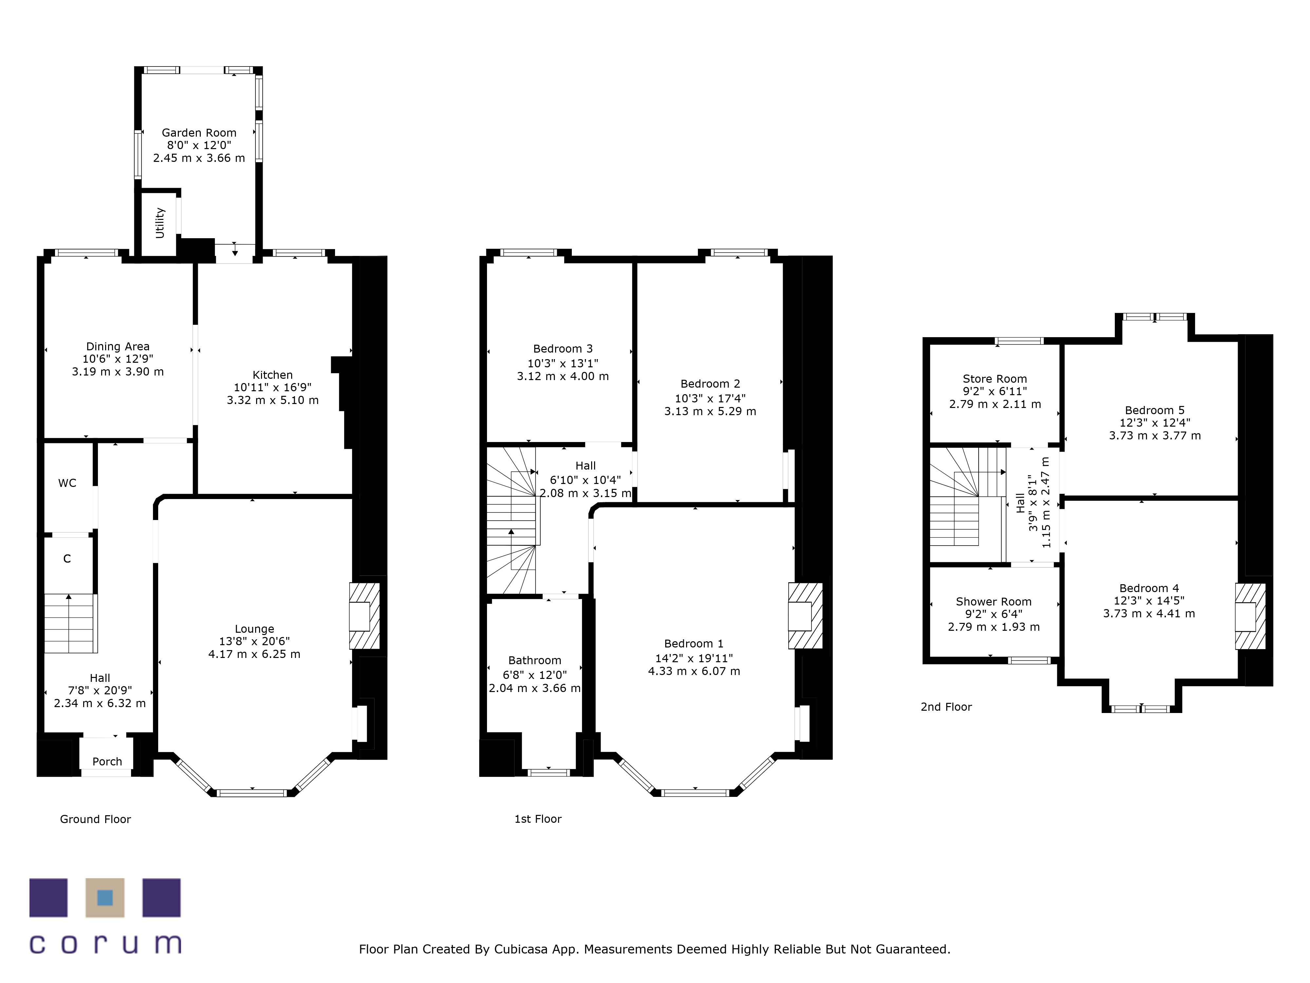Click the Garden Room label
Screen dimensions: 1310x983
click(199, 133)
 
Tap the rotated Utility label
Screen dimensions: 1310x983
click(159, 223)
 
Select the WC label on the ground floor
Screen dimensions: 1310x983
click(67, 483)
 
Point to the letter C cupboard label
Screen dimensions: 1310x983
click(67, 559)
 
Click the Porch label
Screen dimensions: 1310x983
click(107, 761)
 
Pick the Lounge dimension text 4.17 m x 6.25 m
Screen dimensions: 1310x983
click(254, 654)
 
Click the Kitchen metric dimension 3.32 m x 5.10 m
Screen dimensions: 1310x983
click(272, 400)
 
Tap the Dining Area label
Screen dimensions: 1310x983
click(118, 347)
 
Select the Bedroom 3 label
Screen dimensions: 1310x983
click(563, 348)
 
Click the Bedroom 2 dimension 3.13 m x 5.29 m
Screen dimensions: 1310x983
click(710, 411)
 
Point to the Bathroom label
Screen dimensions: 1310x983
click(535, 660)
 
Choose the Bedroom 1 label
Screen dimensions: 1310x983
click(694, 644)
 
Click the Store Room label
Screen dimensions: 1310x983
click(995, 379)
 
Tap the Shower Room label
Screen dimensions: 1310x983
click(994, 601)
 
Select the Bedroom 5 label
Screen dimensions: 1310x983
click(1155, 410)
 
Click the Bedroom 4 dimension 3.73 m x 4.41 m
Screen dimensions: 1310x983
click(1149, 614)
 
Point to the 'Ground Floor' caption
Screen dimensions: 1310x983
click(95, 819)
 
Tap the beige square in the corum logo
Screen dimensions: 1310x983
click(105, 898)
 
